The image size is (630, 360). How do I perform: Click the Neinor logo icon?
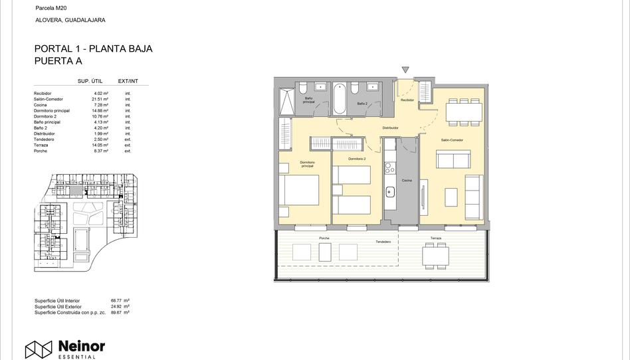39,349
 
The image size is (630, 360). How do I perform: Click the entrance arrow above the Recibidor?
405,70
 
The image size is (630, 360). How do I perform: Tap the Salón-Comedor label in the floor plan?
452,140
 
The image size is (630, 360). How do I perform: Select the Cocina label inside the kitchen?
407,181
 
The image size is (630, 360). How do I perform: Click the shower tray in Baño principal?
286,101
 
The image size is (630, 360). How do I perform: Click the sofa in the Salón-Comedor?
453,159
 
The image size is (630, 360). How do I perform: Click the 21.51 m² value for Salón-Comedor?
100,99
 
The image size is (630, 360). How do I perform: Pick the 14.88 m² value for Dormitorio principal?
100,111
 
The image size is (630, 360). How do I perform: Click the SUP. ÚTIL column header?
90,81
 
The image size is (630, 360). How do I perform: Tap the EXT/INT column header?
128,81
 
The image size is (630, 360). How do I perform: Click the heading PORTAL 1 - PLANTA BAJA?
93,48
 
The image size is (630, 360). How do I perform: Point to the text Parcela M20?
51,7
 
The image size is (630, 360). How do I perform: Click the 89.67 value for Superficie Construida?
117,312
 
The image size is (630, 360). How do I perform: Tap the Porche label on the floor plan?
324,238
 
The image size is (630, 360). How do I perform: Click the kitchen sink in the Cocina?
390,192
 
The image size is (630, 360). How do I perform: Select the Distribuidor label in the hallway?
390,128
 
